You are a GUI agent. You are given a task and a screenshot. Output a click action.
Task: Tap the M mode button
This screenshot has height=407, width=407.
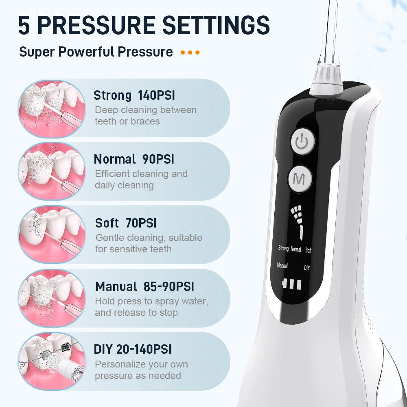pos(300,179)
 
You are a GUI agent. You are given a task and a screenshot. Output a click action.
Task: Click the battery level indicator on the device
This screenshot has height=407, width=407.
pos(292,284)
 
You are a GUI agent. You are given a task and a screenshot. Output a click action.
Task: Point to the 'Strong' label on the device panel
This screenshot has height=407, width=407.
pos(283,248)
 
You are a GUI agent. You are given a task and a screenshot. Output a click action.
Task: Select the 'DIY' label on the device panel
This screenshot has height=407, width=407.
pos(307,268)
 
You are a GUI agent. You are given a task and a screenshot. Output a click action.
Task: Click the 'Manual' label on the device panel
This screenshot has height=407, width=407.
pos(282,265)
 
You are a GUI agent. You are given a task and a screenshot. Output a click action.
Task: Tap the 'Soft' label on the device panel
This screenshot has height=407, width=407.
pos(308,250)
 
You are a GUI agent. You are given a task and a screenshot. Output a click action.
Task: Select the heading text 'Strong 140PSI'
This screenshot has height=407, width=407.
pos(134,96)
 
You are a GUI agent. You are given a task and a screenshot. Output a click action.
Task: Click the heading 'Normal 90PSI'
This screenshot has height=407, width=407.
pos(134,159)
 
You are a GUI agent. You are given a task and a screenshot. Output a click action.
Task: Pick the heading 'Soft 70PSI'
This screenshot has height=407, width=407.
pos(126,223)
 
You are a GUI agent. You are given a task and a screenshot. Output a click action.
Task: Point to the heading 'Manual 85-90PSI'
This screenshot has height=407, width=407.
pos(144,287)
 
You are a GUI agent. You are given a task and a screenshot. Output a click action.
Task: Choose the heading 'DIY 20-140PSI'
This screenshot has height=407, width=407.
pos(133,349)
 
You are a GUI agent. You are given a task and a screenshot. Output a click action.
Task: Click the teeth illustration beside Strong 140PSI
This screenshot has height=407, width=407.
pos(52,109)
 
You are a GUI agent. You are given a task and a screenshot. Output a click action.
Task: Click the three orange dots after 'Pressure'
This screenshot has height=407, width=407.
pos(190,53)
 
